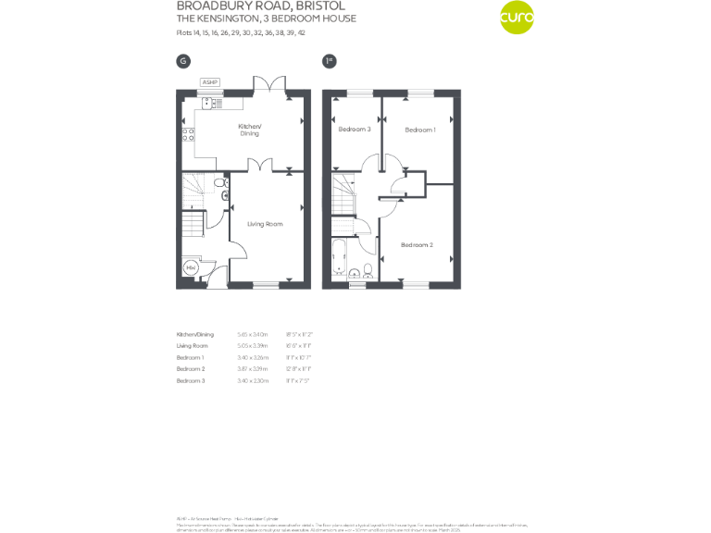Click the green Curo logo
[517, 18]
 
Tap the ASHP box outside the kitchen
[210, 82]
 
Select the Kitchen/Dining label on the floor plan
[250, 130]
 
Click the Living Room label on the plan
[265, 224]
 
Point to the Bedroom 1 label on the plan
[419, 130]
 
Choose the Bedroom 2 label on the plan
[417, 244]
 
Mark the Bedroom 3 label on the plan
[355, 130]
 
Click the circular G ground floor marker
[183, 61]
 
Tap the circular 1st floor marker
[329, 61]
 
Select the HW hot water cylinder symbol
[191, 268]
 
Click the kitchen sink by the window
[210, 102]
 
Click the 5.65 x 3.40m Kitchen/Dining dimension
[253, 334]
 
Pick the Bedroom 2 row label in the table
[190, 369]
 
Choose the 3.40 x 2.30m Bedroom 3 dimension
[253, 381]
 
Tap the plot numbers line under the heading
[241, 32]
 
